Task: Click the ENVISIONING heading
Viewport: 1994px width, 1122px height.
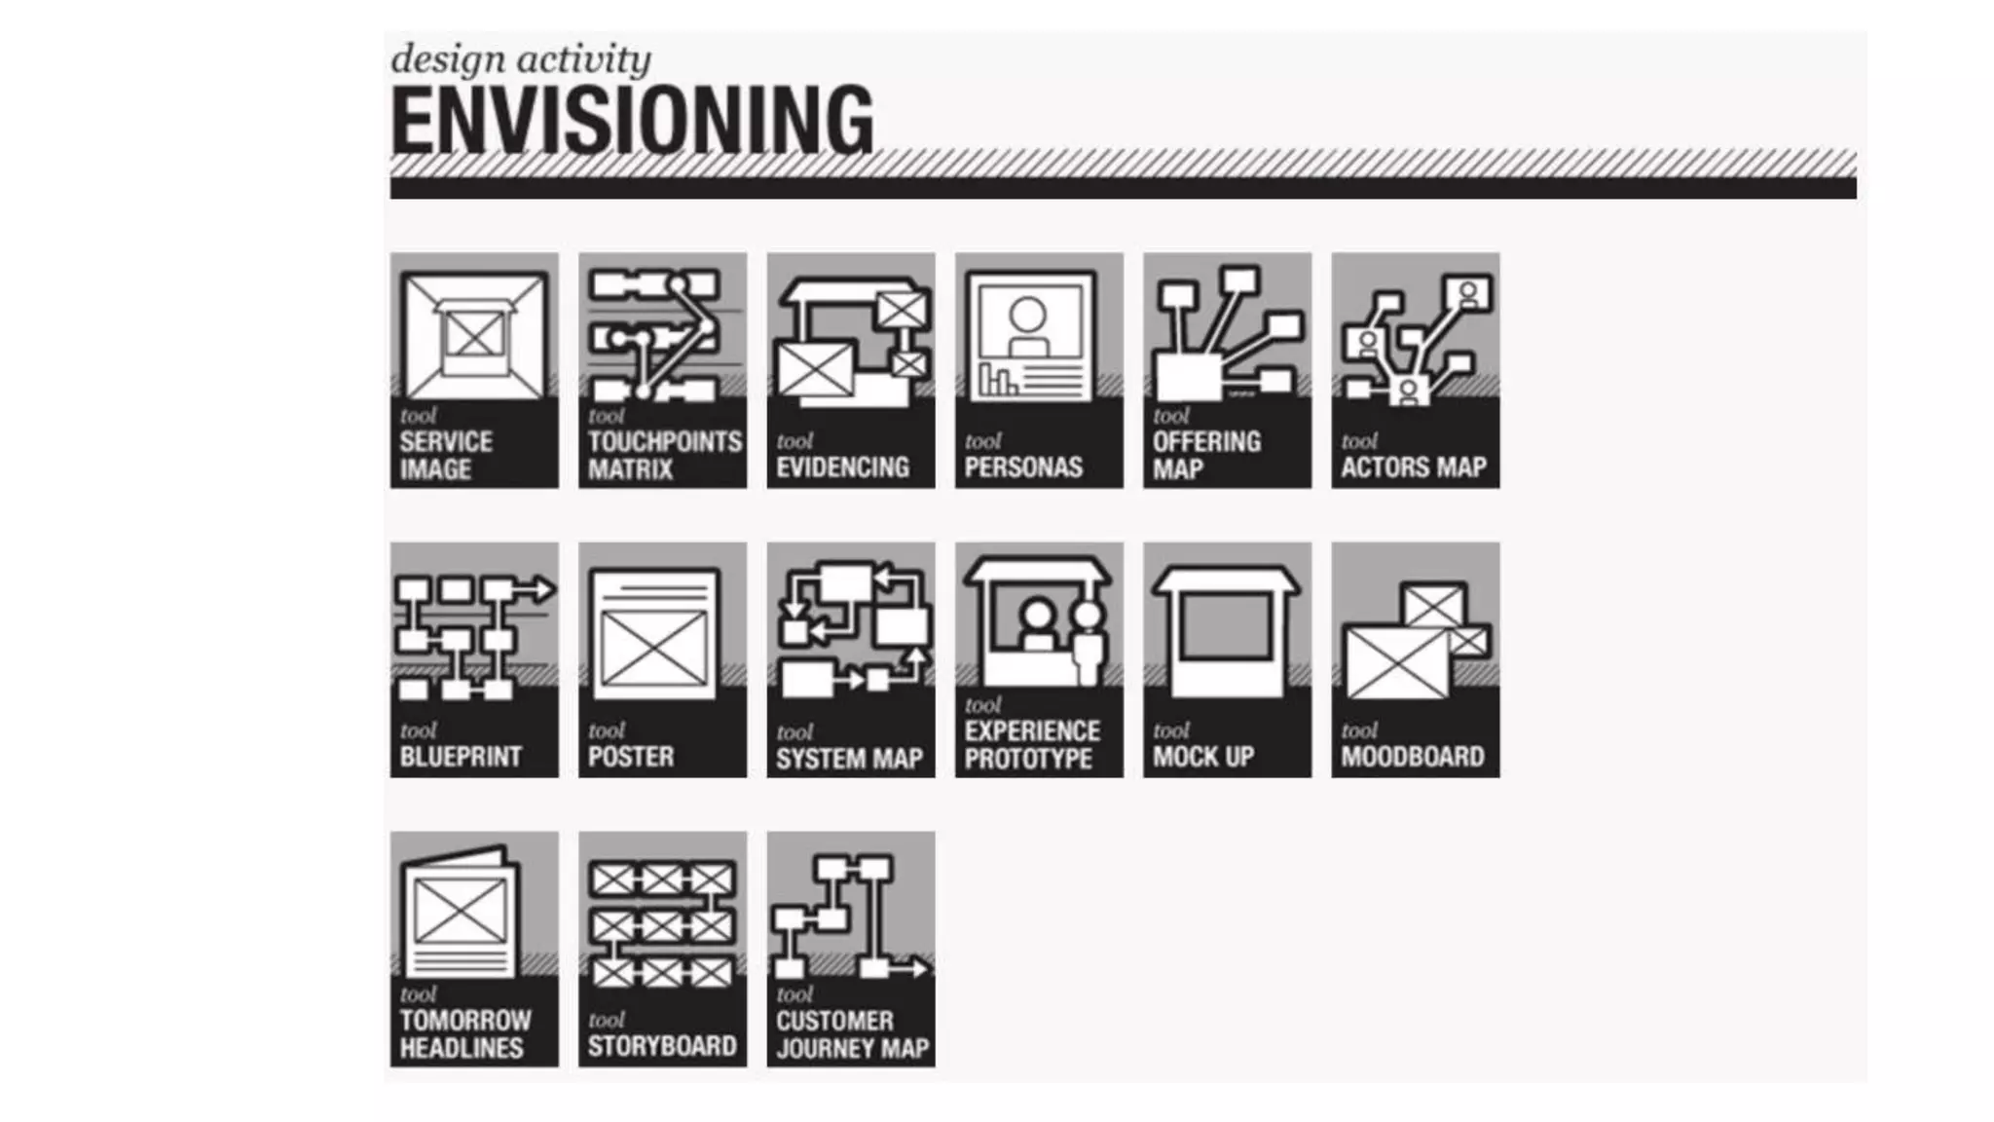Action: point(632,121)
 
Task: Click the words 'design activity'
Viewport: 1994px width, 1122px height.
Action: point(521,59)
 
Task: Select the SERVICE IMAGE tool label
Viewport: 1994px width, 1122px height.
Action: point(446,455)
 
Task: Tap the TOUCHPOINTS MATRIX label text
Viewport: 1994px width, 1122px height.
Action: point(664,455)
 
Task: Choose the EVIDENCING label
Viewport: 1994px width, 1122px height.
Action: point(842,467)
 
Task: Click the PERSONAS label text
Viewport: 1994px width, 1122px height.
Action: point(1023,467)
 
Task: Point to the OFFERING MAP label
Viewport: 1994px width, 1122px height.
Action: point(1206,455)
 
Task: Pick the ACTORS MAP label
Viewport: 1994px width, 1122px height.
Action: point(1414,467)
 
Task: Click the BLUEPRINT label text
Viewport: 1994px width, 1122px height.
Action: point(461,757)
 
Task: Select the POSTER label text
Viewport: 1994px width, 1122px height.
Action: point(631,757)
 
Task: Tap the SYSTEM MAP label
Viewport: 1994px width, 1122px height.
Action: point(849,759)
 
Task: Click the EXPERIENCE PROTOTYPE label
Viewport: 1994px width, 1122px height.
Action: point(1032,745)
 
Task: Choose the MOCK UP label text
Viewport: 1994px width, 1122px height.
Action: point(1203,757)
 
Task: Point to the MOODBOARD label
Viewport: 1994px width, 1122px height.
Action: point(1413,757)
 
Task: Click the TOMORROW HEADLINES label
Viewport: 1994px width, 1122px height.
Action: point(465,1033)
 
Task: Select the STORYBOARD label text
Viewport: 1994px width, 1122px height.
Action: point(662,1046)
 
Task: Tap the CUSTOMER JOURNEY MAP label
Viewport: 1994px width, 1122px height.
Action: point(852,1034)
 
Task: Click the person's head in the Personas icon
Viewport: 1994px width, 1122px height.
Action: point(1027,315)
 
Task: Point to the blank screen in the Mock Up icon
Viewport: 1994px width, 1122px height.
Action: point(1226,626)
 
